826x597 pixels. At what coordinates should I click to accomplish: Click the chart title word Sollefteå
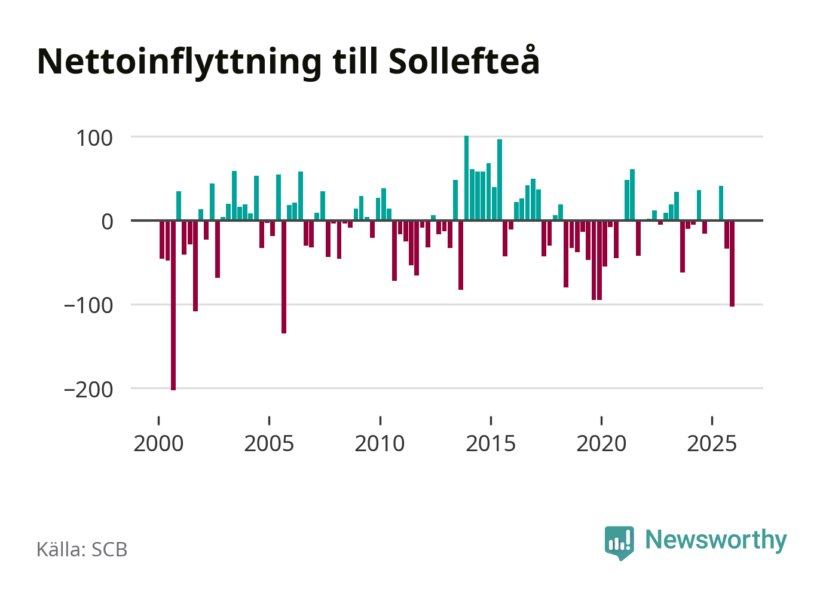coord(464,61)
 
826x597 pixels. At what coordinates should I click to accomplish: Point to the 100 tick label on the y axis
coord(94,138)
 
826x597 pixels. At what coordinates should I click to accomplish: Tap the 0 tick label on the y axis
coord(107,222)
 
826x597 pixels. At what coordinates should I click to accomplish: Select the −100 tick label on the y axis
coord(88,305)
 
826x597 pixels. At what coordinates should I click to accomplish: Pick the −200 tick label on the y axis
coord(88,390)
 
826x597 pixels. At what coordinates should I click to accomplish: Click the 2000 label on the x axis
coord(158,443)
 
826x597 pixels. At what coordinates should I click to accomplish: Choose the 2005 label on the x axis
coord(269,443)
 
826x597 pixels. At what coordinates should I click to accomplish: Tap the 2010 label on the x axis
coord(380,443)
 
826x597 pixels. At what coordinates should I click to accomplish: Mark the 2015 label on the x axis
coord(491,443)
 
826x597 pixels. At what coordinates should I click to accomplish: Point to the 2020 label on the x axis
coord(601,443)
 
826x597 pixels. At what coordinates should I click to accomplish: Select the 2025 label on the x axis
coord(712,443)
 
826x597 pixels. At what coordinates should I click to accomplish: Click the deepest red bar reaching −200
coord(173,305)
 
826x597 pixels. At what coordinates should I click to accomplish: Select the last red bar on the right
coord(732,263)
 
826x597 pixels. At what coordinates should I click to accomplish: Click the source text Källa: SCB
coord(82,549)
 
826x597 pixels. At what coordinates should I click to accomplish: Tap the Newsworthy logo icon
coord(619,542)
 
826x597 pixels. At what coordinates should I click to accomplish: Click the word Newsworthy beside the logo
coord(715,540)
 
